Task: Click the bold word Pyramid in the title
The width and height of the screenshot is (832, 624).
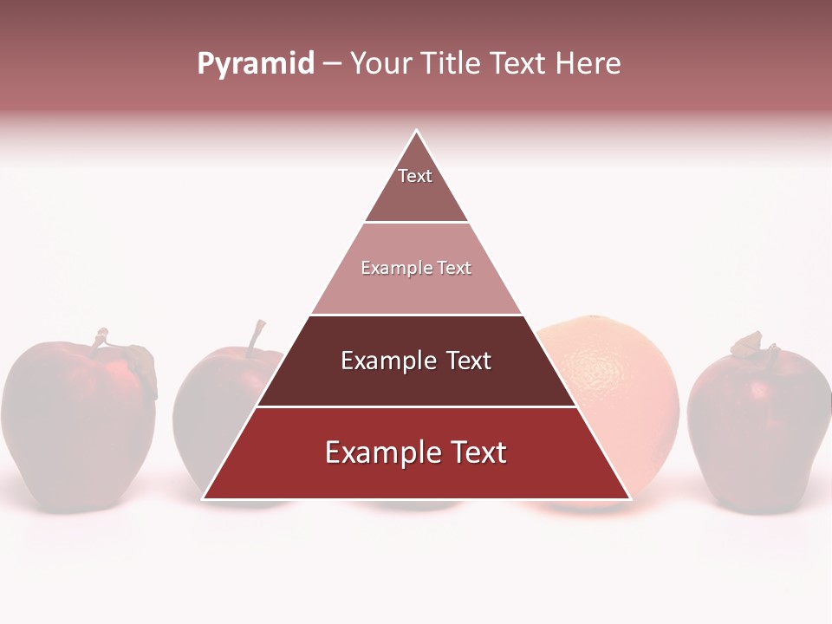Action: pyautogui.click(x=255, y=63)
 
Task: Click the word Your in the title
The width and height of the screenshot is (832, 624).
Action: pyautogui.click(x=380, y=63)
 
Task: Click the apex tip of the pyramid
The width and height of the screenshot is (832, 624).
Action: pyautogui.click(x=417, y=132)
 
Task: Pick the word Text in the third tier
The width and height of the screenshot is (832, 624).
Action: pyautogui.click(x=468, y=361)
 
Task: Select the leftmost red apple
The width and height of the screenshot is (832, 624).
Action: pyautogui.click(x=78, y=425)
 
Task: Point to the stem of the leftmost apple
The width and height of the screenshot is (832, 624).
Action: pyautogui.click(x=101, y=340)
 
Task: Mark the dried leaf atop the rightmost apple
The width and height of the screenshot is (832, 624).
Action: pyautogui.click(x=747, y=344)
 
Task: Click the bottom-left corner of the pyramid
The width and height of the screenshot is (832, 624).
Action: pyautogui.click(x=204, y=498)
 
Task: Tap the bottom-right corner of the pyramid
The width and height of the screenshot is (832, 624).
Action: pyautogui.click(x=629, y=498)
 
